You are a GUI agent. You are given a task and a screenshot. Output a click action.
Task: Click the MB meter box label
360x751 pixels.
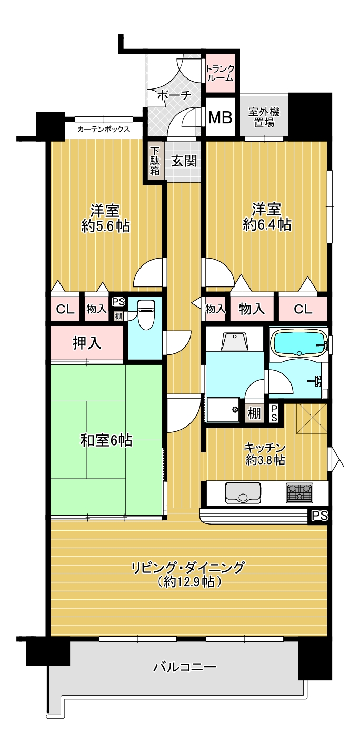pos(220,117)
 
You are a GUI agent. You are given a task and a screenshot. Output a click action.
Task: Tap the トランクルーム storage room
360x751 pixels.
pos(220,73)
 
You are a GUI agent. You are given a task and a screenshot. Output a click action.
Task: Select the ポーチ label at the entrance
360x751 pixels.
pos(174,95)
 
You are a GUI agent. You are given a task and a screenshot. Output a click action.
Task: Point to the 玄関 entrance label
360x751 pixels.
pos(184,161)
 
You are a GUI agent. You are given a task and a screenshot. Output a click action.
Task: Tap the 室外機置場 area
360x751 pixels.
pos(264,117)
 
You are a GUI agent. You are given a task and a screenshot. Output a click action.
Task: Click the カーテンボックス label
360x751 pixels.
pos(104,129)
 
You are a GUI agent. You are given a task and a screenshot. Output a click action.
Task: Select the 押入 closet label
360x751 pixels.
pos(87,343)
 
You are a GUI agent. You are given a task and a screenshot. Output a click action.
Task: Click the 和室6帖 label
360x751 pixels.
pos(106,441)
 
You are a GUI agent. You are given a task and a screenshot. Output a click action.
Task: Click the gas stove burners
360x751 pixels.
pos(299,493)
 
